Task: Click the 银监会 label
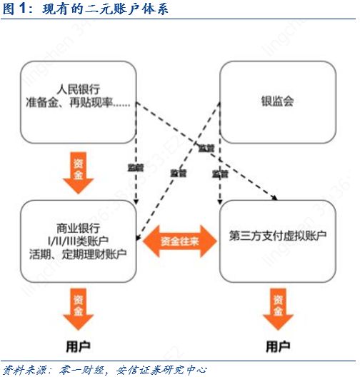278,101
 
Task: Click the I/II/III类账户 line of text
78,238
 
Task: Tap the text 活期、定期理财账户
78,252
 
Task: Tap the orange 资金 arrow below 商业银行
78,307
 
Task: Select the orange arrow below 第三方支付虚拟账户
278,307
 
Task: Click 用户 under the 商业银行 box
78,346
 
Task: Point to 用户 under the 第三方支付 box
278,346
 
